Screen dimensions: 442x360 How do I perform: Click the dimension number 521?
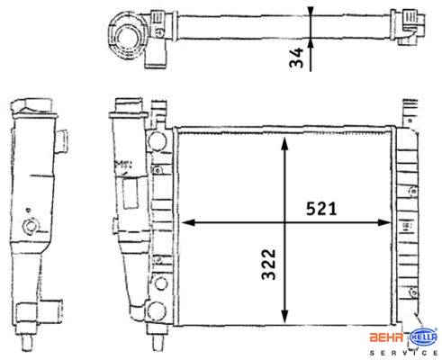321,209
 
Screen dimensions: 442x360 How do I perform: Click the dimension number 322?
268,265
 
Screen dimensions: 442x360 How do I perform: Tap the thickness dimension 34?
296,58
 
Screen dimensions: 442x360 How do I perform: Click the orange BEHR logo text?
386,337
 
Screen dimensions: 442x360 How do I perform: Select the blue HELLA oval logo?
424,337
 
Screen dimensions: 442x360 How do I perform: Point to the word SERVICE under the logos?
403,353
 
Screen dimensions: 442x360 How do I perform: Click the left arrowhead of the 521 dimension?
188,222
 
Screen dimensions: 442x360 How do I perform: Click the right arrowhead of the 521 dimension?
384,222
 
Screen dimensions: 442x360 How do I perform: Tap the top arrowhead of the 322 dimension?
284,143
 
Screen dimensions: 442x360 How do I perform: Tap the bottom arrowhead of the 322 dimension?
284,317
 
